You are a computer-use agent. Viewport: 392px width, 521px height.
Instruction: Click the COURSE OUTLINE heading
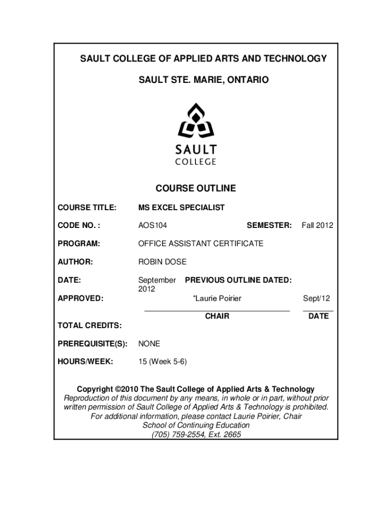[x=195, y=188]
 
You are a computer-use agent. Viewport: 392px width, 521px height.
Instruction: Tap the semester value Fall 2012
[x=317, y=225]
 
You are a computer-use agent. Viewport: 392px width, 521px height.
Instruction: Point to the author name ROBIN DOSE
[x=162, y=262]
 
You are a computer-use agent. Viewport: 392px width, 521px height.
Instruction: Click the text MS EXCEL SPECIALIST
[x=181, y=208]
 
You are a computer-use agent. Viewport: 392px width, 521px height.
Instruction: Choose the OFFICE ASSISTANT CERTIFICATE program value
[x=201, y=244]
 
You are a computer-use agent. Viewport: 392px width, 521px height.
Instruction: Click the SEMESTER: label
[x=269, y=225]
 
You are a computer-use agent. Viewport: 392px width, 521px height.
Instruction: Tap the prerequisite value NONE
[x=149, y=344]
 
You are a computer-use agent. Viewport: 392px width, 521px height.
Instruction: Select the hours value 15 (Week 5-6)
[x=162, y=362]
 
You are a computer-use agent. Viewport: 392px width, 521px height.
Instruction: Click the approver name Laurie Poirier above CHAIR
[x=217, y=298]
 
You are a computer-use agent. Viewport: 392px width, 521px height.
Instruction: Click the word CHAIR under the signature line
[x=217, y=316]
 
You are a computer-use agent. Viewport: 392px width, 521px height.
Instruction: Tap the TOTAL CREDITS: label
[x=90, y=325]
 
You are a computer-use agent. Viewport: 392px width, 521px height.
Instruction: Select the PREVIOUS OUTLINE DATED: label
[x=238, y=280]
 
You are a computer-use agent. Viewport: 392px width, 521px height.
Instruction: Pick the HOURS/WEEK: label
[x=86, y=362]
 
